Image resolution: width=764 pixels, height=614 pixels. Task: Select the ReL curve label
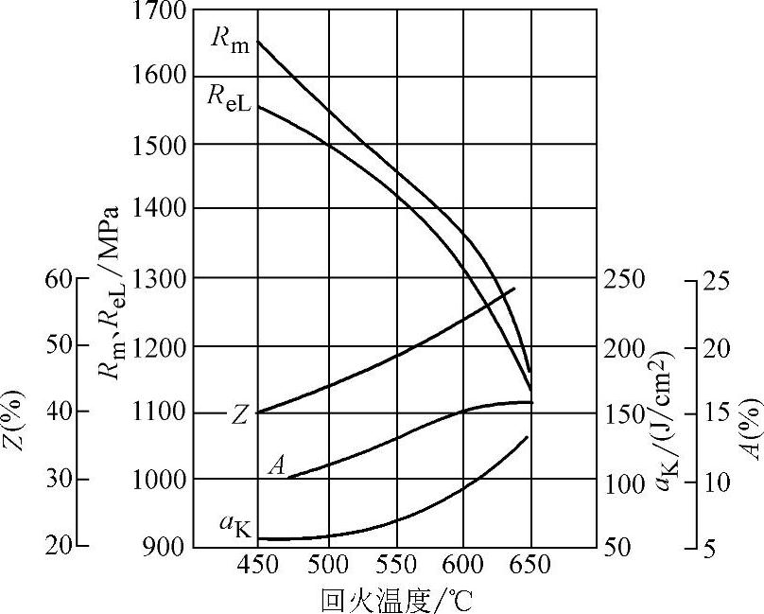(230, 97)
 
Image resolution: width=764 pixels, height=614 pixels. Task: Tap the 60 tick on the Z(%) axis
(59, 279)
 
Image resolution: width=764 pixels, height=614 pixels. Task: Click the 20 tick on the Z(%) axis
(59, 547)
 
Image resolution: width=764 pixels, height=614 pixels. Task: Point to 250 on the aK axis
(624, 280)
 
